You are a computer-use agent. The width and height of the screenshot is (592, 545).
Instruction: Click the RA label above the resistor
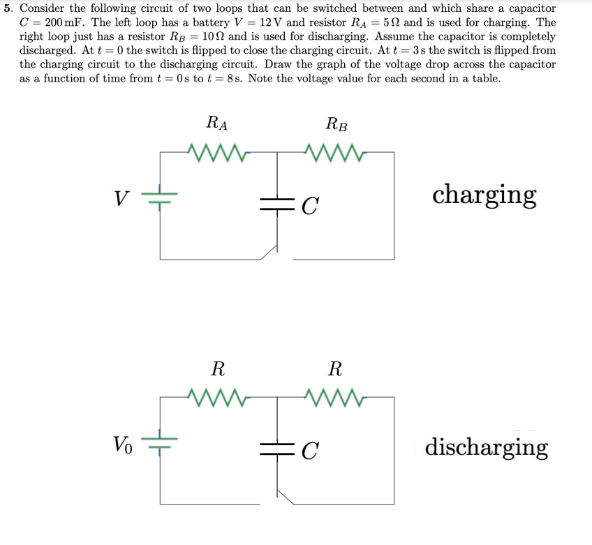tap(217, 124)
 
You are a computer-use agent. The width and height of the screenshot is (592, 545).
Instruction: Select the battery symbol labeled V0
tap(161, 442)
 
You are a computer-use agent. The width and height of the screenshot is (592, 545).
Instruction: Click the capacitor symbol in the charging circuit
tap(278, 203)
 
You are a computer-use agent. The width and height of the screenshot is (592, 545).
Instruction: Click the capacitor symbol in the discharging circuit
tap(278, 447)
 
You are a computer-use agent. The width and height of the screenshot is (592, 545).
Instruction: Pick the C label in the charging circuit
tap(311, 204)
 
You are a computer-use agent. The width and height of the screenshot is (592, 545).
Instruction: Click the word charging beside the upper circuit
tap(484, 195)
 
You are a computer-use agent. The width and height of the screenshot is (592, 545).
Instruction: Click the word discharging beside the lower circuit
tap(486, 446)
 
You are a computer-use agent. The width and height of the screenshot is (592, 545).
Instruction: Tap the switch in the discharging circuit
tap(285, 496)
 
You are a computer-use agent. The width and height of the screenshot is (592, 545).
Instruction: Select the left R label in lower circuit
tap(218, 368)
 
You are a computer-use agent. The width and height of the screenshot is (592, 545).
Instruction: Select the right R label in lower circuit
tap(336, 368)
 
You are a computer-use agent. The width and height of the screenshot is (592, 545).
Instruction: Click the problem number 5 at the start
tap(7, 8)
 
